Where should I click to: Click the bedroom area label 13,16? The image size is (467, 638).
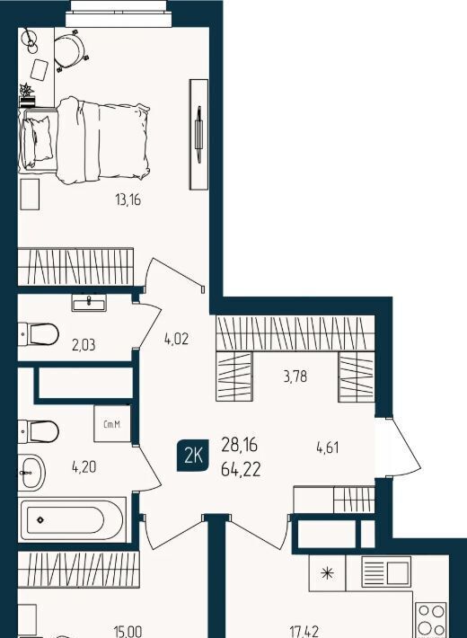(x=128, y=200)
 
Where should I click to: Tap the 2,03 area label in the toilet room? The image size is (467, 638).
(x=84, y=345)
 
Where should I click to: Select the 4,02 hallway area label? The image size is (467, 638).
(x=177, y=339)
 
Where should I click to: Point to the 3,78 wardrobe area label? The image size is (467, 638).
(x=295, y=377)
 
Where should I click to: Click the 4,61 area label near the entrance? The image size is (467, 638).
(x=328, y=447)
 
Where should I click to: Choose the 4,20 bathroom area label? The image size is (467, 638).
(x=84, y=466)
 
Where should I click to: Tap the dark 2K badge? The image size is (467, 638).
(x=193, y=456)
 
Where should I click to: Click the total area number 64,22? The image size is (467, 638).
(x=241, y=470)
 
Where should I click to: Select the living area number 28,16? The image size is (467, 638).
(x=240, y=445)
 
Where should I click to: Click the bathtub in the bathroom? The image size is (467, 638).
(x=72, y=519)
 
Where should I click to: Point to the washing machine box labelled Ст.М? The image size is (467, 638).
(x=112, y=423)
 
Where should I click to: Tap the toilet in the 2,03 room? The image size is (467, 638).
(x=39, y=334)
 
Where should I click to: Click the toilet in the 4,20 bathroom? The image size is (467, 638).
(x=39, y=431)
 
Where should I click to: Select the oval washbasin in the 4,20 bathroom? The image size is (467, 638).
(x=31, y=473)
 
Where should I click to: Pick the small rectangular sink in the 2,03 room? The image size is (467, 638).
(x=89, y=303)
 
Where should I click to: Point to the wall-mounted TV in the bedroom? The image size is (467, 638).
(x=198, y=134)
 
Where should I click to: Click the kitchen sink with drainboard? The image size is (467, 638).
(x=386, y=573)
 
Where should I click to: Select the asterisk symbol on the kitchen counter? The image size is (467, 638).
(x=327, y=573)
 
